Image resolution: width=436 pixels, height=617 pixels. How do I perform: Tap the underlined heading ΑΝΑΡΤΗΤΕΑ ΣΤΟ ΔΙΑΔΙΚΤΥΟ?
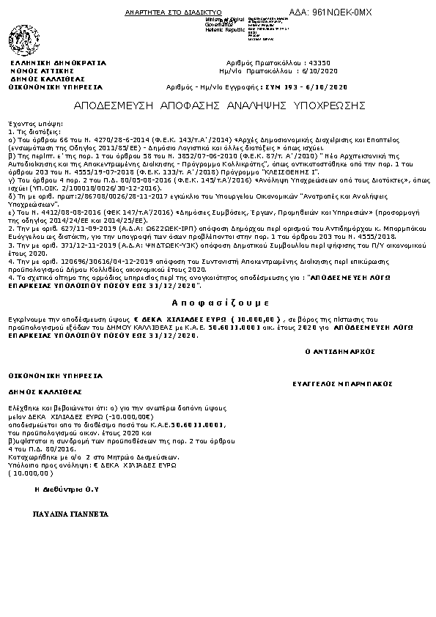(x=163, y=13)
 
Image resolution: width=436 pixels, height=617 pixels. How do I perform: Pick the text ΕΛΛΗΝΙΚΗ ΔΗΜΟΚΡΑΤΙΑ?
(x=58, y=63)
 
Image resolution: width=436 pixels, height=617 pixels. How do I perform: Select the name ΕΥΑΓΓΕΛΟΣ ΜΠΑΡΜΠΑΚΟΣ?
(x=341, y=383)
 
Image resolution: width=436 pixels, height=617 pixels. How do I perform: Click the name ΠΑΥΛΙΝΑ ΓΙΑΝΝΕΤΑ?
(x=70, y=514)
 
